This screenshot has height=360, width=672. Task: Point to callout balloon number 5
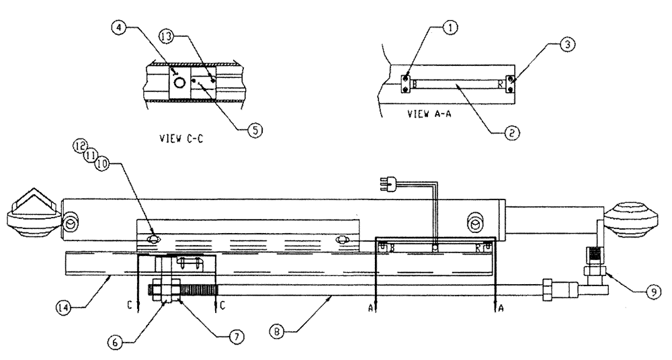pyautogui.click(x=254, y=132)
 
